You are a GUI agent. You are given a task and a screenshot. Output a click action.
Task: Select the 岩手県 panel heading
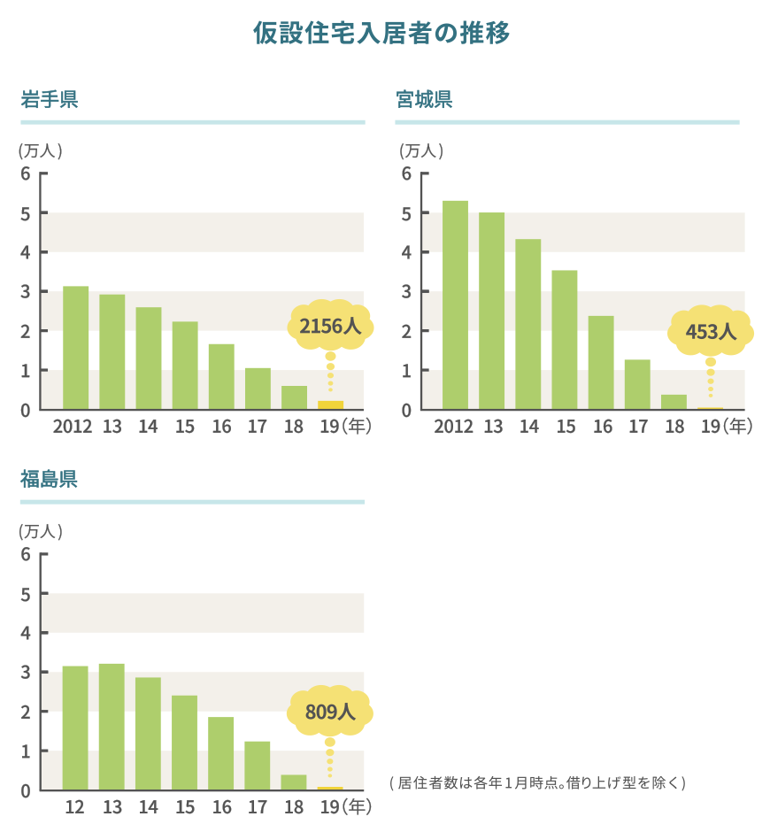tap(50, 99)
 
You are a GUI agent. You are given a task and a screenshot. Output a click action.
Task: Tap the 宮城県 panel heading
tap(424, 99)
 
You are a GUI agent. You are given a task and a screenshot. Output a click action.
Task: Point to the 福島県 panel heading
tap(50, 480)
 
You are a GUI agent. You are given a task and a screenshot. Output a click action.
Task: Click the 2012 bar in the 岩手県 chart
tap(75, 348)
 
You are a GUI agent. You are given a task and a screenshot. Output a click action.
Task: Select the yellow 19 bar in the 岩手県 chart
tap(330, 405)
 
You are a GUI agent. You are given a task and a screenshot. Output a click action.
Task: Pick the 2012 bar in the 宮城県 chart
tap(455, 305)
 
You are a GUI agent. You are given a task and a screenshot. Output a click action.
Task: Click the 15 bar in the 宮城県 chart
tap(564, 340)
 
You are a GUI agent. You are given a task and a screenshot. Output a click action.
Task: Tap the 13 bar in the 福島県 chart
tap(112, 726)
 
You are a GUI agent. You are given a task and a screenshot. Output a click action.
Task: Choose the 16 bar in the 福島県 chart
tap(220, 752)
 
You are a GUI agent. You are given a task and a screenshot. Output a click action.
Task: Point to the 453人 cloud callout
tap(710, 332)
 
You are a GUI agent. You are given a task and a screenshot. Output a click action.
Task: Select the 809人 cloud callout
tap(329, 711)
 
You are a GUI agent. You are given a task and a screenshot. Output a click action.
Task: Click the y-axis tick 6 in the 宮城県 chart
tap(405, 173)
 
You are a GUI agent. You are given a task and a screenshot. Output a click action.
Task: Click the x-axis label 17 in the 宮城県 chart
tap(637, 427)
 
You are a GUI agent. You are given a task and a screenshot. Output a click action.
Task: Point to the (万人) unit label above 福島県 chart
tap(40, 532)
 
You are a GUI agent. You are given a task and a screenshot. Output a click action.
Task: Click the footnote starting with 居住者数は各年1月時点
tap(537, 782)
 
